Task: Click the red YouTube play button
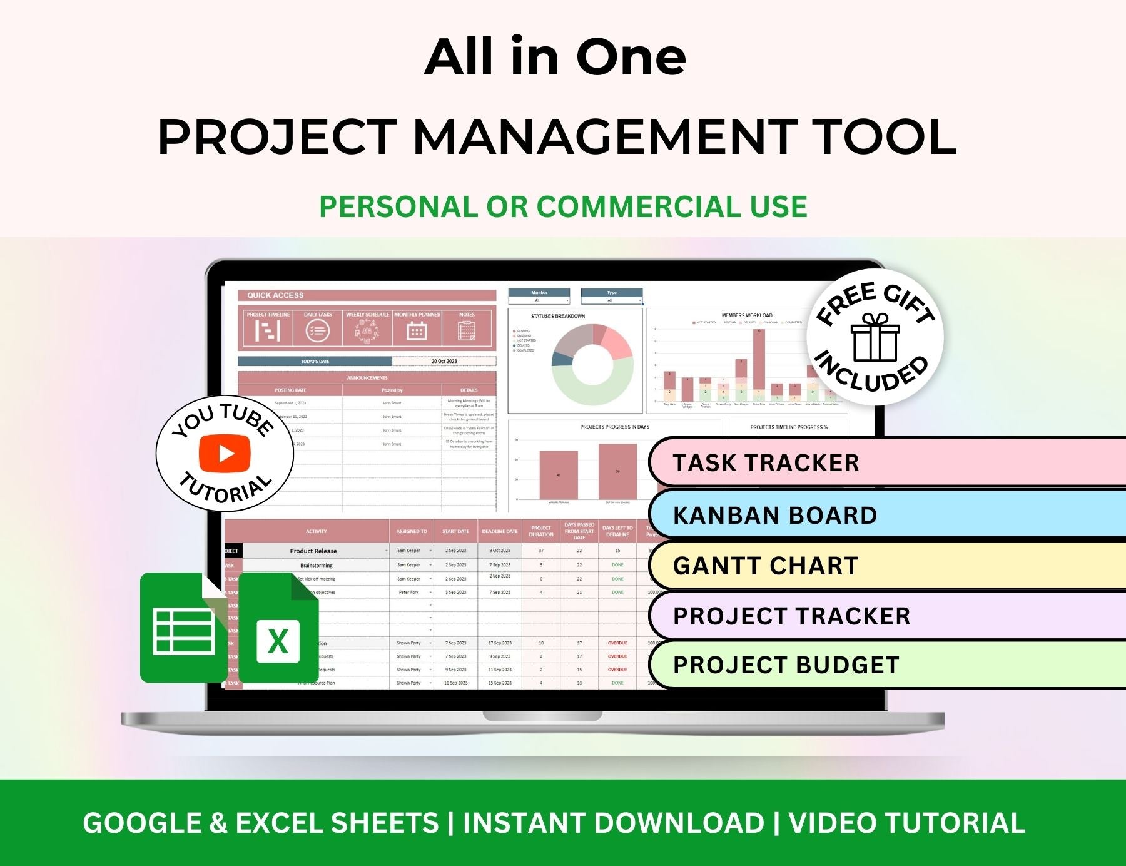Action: [x=225, y=453]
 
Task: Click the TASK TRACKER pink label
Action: [x=766, y=463]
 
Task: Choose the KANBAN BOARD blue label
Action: [x=775, y=515]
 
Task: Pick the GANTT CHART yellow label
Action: [x=766, y=566]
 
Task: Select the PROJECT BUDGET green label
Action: [x=786, y=665]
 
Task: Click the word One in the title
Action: [x=631, y=58]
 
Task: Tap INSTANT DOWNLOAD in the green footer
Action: [x=613, y=823]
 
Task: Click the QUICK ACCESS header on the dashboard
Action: [x=275, y=295]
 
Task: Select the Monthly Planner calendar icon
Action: [x=417, y=330]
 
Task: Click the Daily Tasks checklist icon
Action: [x=318, y=330]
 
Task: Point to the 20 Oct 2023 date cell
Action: [x=444, y=361]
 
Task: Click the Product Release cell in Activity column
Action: [x=313, y=551]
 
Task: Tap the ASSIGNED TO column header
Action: [x=412, y=531]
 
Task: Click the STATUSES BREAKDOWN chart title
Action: [x=558, y=316]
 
